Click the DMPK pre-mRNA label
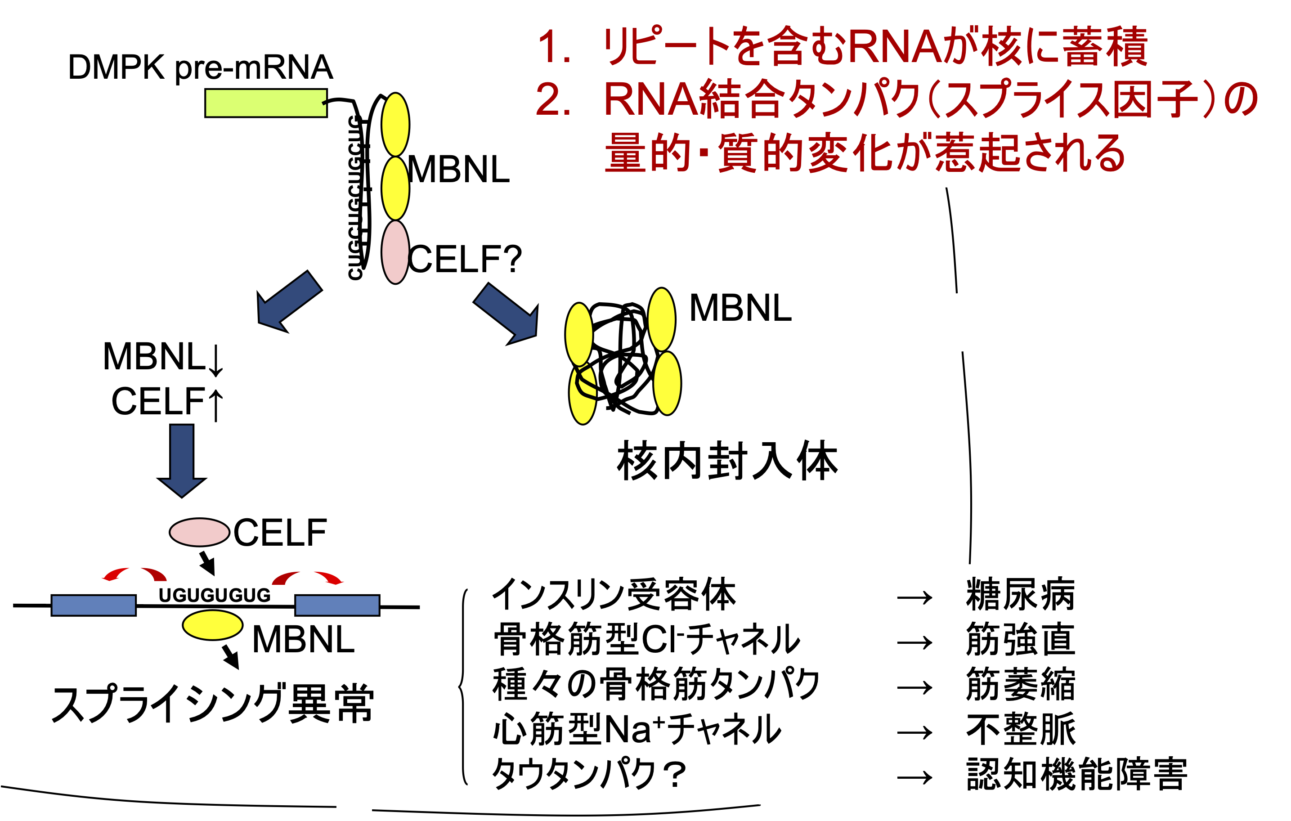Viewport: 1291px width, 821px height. point(201,67)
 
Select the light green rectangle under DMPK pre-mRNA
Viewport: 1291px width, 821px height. point(266,103)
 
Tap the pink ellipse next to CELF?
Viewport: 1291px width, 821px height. point(395,252)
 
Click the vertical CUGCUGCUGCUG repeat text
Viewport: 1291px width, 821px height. point(355,197)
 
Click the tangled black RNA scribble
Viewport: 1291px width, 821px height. point(622,357)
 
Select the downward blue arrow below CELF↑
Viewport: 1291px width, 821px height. point(182,460)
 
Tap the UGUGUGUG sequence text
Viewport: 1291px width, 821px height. point(215,595)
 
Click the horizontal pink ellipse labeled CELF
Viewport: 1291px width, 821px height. point(199,532)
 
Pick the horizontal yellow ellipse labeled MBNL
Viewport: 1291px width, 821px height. point(212,625)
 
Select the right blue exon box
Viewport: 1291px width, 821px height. point(337,605)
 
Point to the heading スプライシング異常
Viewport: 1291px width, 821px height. point(213,704)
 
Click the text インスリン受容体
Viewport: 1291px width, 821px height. point(614,595)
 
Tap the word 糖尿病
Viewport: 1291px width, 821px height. point(1020,595)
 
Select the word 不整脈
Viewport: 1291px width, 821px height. point(1020,729)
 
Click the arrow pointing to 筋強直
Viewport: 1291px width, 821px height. point(914,642)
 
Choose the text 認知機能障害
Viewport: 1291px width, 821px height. point(1076,774)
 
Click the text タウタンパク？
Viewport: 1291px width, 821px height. point(590,774)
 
